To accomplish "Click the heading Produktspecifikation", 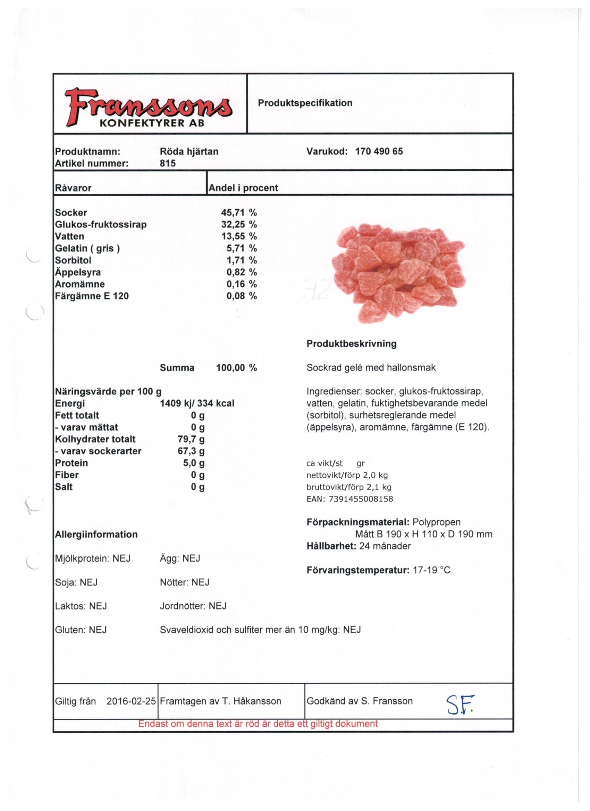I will pos(305,103).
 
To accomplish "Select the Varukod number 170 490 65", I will pos(379,151).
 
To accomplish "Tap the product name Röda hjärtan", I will pos(189,151).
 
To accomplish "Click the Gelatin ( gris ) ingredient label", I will pos(87,248).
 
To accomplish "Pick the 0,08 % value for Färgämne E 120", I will pos(242,296).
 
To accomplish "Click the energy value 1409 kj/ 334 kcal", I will pos(197,403).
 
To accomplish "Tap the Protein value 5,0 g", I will pos(194,463).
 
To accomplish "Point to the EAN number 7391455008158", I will pos(361,499).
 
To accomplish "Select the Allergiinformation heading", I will pos(96,534).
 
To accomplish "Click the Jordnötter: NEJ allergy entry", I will pos(193,606).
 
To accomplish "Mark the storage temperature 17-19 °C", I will pos(431,570).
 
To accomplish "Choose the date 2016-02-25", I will pos(131,701).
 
